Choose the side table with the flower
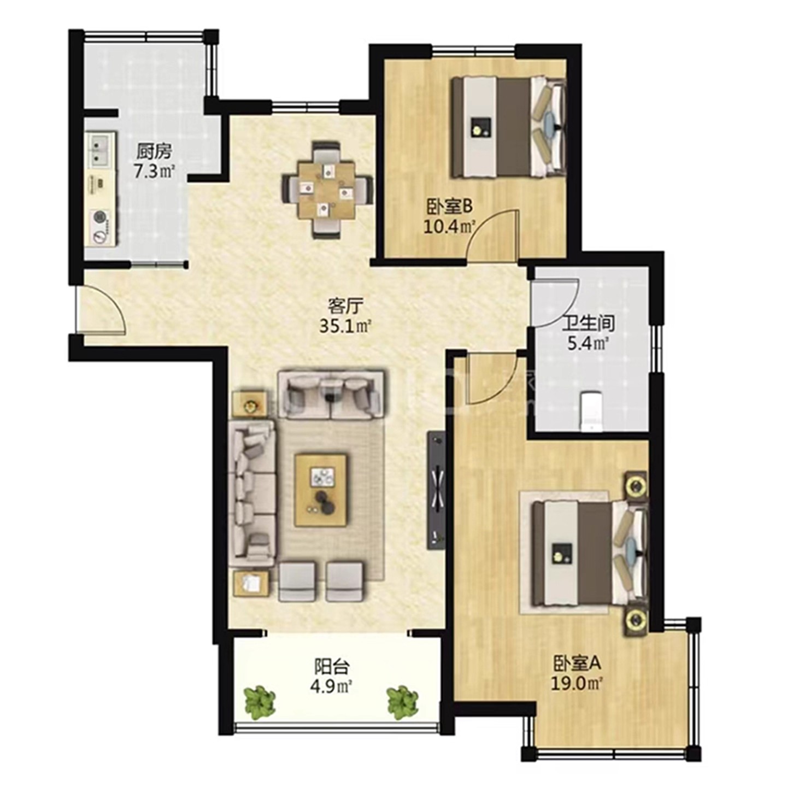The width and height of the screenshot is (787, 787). pos(250,405)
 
